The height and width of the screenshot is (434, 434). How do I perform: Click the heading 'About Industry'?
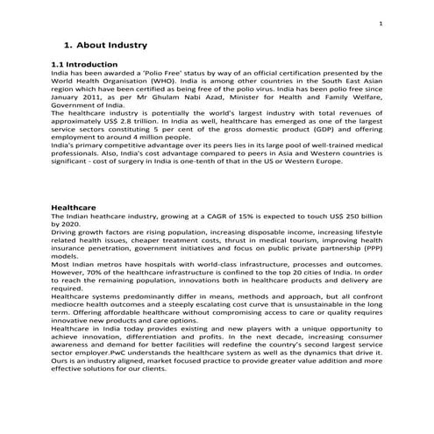[111, 44]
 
